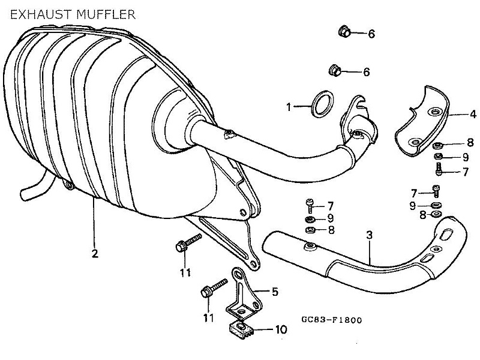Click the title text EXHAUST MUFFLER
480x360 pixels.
point(71,13)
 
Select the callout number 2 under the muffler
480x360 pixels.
point(95,253)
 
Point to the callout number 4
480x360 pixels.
point(473,113)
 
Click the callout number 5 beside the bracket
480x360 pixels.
point(275,292)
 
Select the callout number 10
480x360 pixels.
point(281,329)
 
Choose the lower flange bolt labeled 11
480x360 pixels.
point(211,290)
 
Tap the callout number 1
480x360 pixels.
point(289,107)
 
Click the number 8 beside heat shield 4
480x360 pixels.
point(470,143)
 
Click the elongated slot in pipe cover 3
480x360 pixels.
point(427,258)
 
